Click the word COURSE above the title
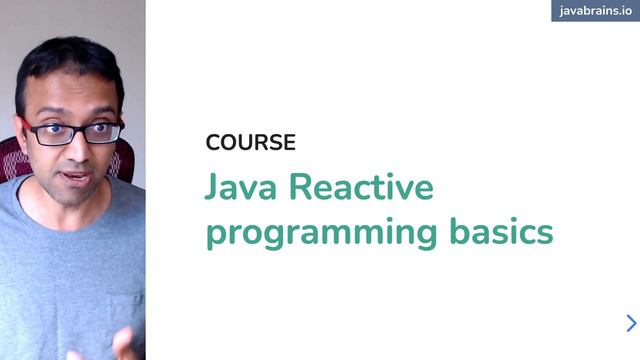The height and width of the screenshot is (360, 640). point(250,142)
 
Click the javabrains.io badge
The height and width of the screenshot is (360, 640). point(595,11)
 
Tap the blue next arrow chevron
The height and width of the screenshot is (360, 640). point(631,323)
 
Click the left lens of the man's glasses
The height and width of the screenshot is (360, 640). point(49,133)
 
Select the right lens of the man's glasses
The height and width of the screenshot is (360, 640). point(102,131)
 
